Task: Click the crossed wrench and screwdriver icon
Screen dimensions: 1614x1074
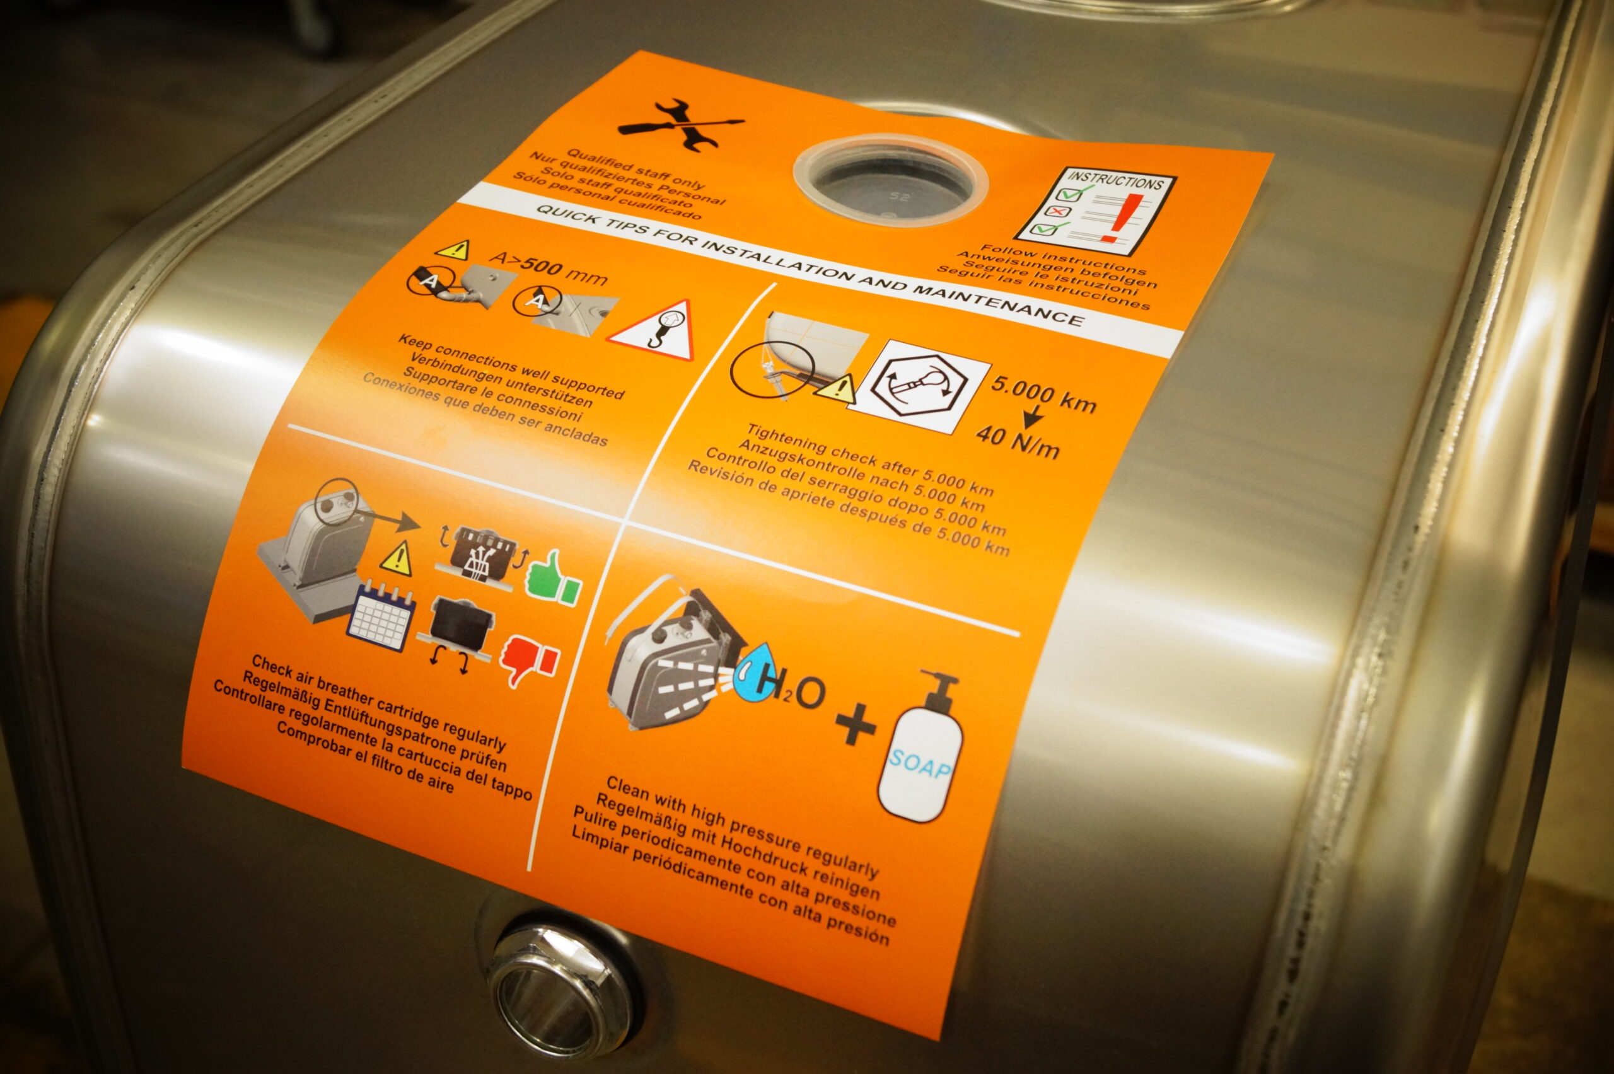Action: click(680, 125)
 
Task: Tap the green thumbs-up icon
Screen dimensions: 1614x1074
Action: click(554, 578)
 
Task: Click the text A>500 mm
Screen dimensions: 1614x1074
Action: click(548, 268)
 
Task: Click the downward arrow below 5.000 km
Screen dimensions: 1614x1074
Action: click(1034, 416)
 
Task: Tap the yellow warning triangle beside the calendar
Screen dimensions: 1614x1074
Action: click(396, 558)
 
